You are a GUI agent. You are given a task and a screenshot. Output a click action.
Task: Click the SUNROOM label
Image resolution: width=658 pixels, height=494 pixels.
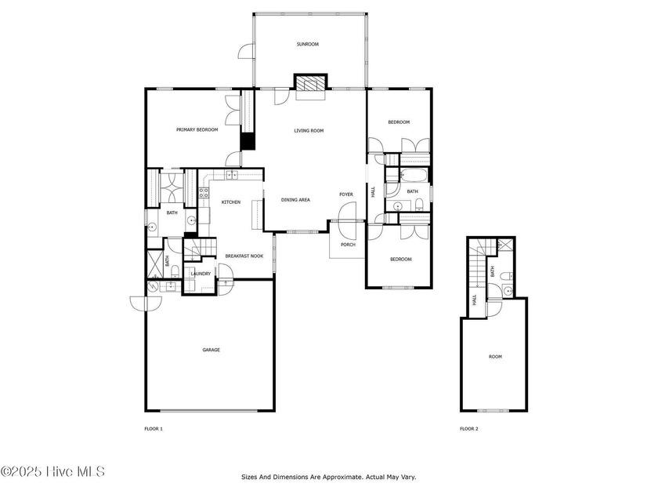[x=308, y=44]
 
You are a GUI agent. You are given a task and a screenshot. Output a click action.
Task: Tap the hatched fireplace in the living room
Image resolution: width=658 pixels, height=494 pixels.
[x=310, y=83]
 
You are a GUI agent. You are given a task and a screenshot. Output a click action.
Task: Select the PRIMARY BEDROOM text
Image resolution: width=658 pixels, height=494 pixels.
[x=197, y=130]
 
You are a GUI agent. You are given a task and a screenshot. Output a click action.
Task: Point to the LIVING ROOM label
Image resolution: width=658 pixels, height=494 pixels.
[x=309, y=131]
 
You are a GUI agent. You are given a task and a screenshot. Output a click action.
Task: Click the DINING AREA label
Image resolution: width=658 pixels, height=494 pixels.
[x=295, y=200]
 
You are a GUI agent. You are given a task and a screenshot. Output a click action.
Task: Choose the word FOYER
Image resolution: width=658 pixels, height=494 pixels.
[x=346, y=194]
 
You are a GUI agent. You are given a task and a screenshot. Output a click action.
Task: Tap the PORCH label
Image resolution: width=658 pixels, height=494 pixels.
[x=348, y=245]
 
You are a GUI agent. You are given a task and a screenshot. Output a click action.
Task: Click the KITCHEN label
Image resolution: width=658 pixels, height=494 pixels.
[x=231, y=202]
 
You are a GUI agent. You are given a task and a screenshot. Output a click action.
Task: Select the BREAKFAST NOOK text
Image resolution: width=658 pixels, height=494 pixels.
[x=244, y=256]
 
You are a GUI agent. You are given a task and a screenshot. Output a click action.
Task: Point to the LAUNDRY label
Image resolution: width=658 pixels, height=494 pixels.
[x=201, y=274]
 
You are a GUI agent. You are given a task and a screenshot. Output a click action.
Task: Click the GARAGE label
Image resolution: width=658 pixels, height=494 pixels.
[x=211, y=350]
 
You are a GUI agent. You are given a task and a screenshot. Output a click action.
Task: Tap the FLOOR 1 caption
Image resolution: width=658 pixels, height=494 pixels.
[x=154, y=429]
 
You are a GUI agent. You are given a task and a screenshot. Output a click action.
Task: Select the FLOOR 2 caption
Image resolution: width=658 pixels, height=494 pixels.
[x=468, y=429]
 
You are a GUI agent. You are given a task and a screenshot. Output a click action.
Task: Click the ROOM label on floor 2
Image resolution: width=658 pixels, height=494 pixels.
[x=495, y=357]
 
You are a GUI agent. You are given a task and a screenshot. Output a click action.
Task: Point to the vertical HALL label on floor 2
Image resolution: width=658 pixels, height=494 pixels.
[x=474, y=300]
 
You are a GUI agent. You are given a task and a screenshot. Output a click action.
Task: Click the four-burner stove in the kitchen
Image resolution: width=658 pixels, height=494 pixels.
[x=204, y=193]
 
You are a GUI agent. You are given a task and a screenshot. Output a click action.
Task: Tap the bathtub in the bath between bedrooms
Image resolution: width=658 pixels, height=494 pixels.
[x=414, y=175]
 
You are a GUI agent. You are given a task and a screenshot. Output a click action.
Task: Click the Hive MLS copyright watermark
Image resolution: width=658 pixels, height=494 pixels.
[x=52, y=472]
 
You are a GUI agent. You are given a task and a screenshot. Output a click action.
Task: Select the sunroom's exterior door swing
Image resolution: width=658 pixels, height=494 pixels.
[x=246, y=51]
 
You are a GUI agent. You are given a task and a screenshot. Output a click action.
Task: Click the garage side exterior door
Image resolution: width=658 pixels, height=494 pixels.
[x=146, y=303]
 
